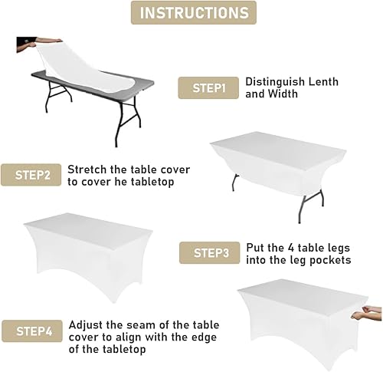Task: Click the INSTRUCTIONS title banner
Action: (x=193, y=13)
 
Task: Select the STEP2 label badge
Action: (x=31, y=175)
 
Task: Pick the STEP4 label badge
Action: (x=31, y=332)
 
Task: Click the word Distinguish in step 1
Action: (x=275, y=81)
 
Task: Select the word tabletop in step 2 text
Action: (x=151, y=182)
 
